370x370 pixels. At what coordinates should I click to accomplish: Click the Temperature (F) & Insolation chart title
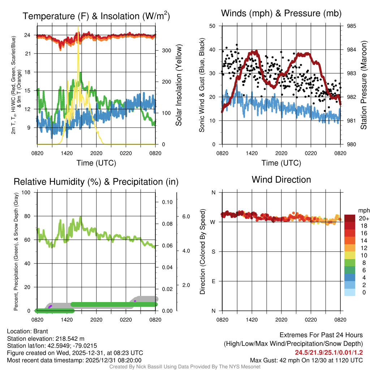[96, 16]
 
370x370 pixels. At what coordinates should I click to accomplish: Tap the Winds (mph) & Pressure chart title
[281, 14]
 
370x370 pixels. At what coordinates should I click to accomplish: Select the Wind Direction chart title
[281, 180]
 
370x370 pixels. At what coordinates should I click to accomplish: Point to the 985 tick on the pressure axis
[351, 26]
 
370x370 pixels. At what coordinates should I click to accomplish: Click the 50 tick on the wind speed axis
[212, 26]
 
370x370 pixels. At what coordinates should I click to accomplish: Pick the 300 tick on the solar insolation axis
[166, 50]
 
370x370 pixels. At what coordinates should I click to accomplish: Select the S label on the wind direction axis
[213, 251]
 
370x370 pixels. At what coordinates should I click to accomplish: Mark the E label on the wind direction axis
[213, 281]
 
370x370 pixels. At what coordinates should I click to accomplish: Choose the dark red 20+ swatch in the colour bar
[350, 218]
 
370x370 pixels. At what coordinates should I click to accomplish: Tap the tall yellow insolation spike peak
[78, 28]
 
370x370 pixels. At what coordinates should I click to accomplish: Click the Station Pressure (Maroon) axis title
[363, 85]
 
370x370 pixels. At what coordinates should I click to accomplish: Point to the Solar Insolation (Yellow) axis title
[178, 85]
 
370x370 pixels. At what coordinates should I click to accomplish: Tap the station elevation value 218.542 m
[70, 339]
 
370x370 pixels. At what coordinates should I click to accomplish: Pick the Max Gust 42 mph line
[306, 360]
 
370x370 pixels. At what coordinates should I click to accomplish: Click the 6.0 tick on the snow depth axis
[185, 216]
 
